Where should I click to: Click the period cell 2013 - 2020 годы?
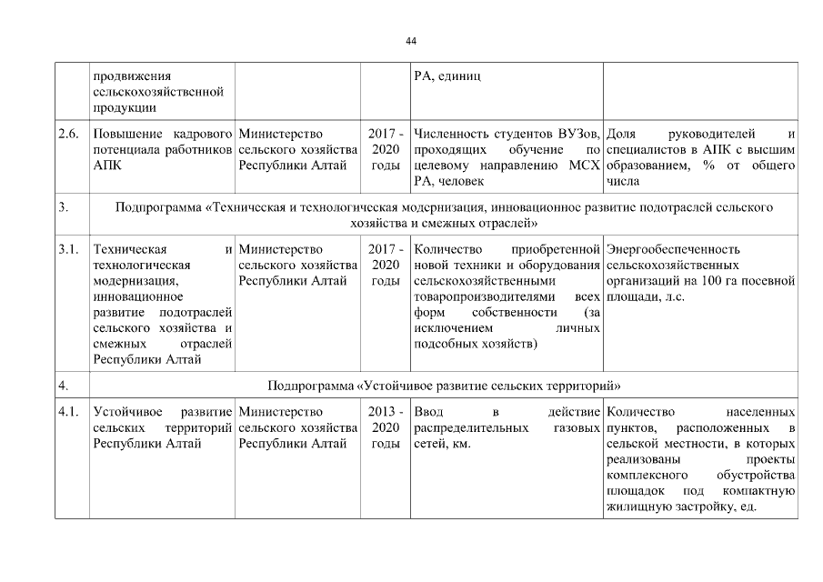pyautogui.click(x=386, y=427)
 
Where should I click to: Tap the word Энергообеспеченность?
pyautogui.click(x=673, y=249)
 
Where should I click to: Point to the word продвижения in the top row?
pyautogui.click(x=132, y=75)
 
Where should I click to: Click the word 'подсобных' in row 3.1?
pyautogui.click(x=444, y=344)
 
